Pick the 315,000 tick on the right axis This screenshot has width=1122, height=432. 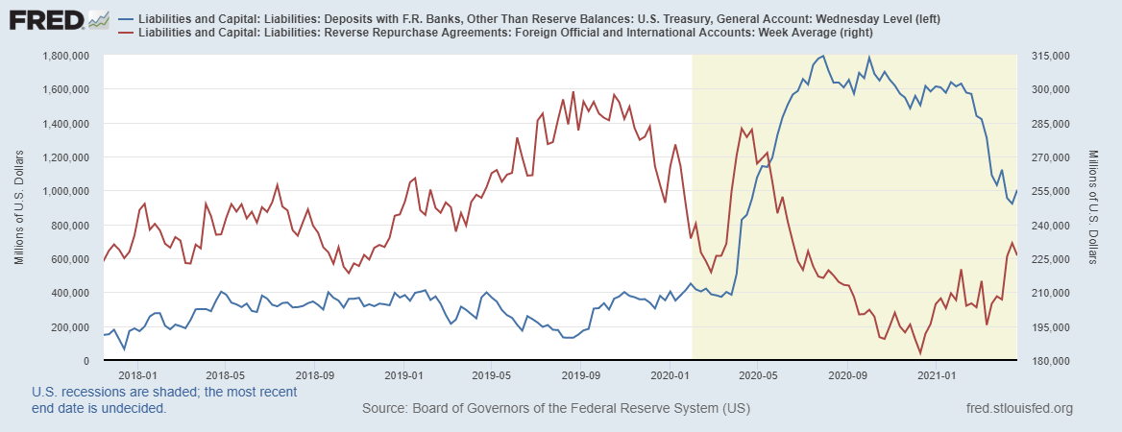pyautogui.click(x=1049, y=56)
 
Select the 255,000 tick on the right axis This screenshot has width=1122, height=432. pyautogui.click(x=1049, y=191)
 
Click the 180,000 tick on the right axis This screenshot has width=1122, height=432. pyautogui.click(x=1049, y=361)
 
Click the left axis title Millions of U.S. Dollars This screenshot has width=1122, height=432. pyautogui.click(x=20, y=208)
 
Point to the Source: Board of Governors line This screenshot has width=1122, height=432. pyautogui.click(x=555, y=410)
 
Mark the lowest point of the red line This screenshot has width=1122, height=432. pyautogui.click(x=920, y=353)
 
